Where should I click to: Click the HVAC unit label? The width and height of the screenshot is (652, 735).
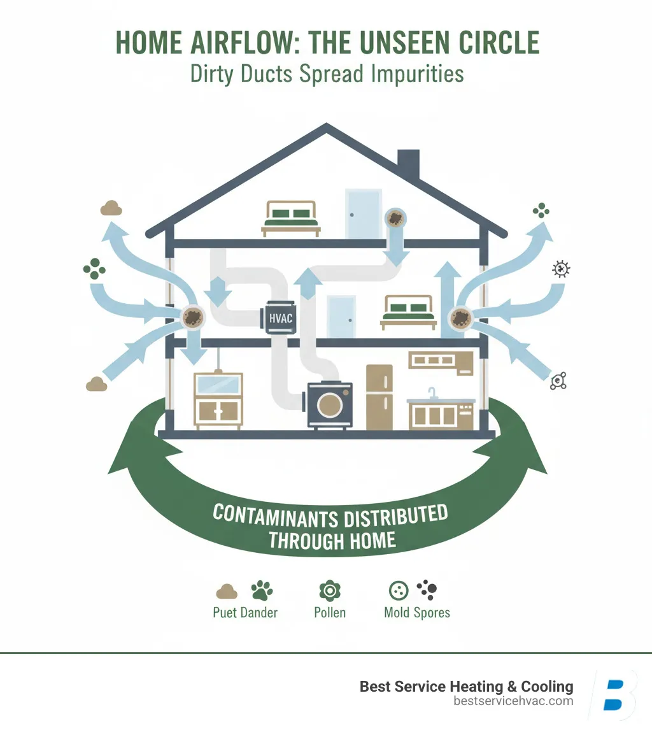pos(278,317)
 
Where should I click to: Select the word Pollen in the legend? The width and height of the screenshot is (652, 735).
pos(329,613)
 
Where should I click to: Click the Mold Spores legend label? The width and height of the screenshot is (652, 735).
pos(417,613)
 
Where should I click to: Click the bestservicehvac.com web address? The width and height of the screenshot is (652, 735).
pos(513,701)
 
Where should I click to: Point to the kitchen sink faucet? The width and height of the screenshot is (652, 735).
pos(433,392)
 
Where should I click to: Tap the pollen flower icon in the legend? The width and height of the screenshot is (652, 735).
pos(329,591)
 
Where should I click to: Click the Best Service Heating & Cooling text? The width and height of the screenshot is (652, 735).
pos(466,687)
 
